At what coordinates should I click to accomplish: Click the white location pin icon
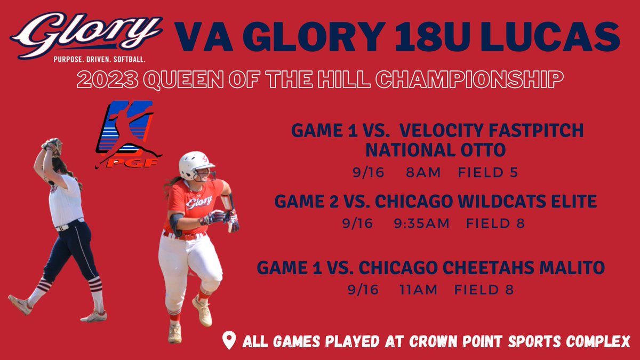pos(229,341)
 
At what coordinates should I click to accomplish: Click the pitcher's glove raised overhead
pos(52,145)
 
